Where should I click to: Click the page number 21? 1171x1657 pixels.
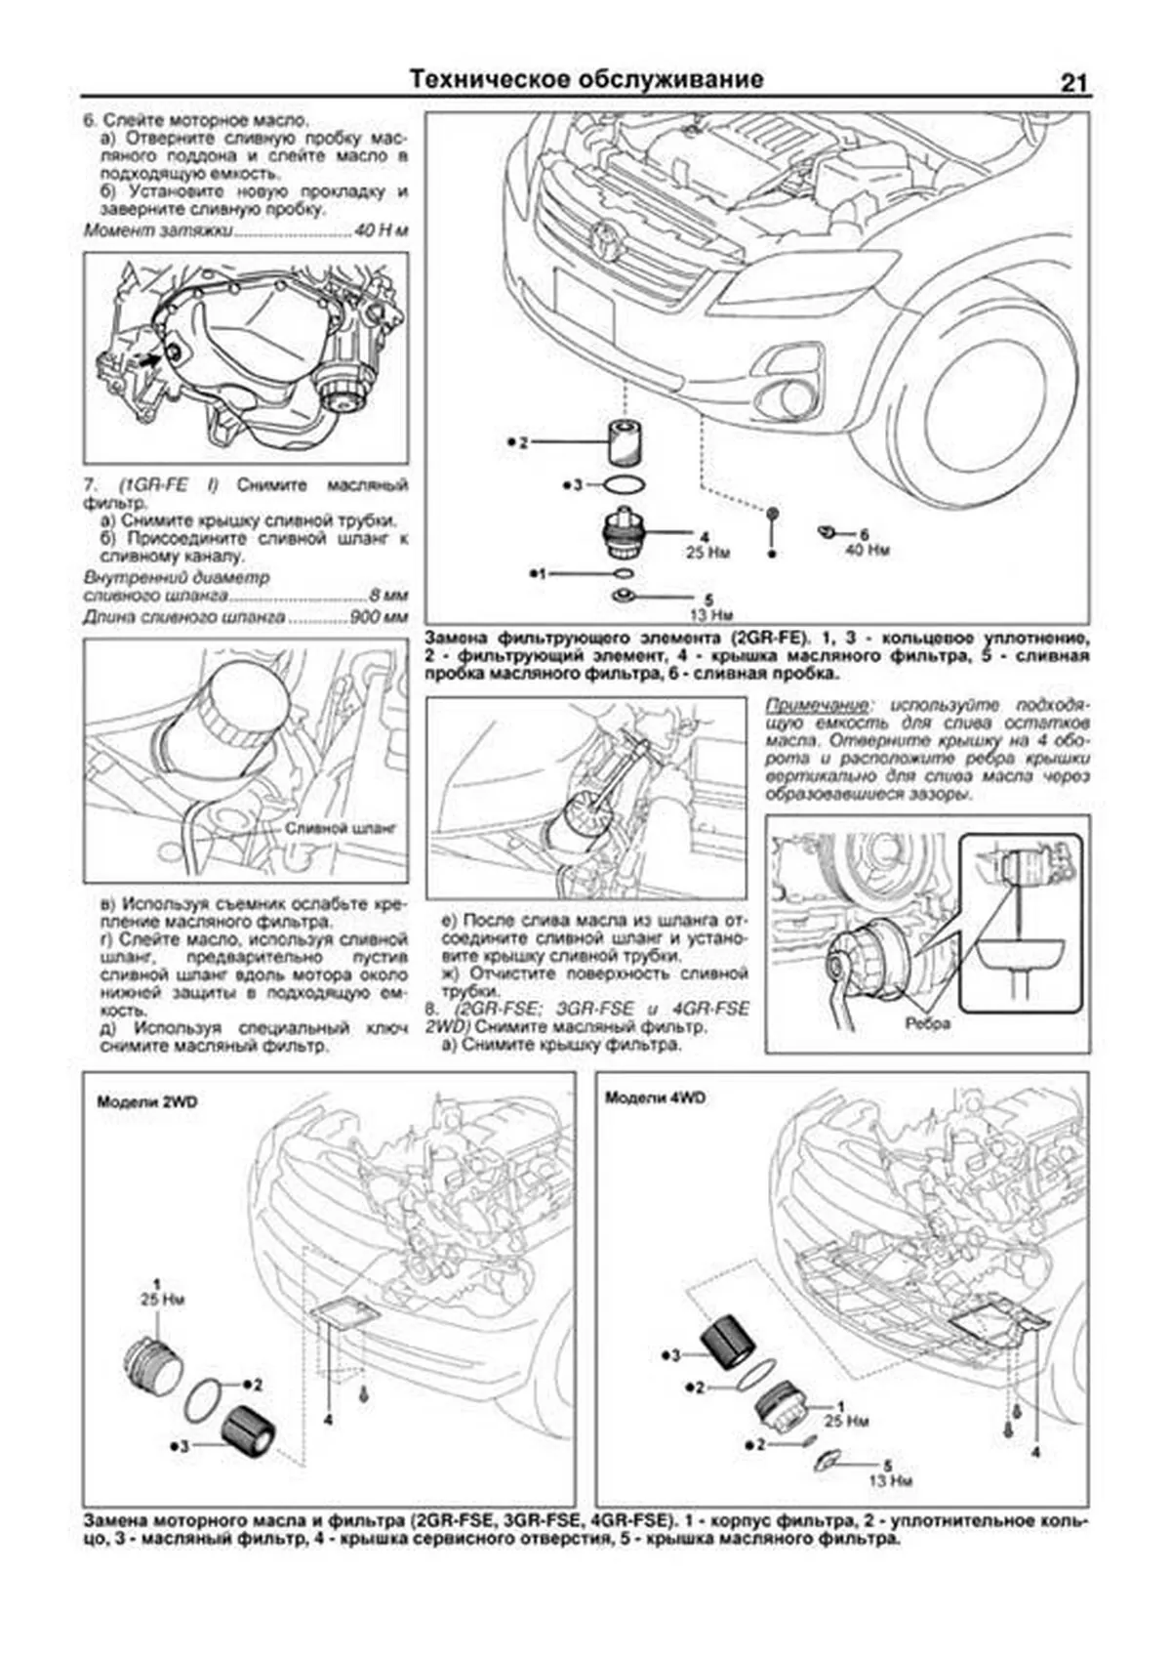coord(1072,83)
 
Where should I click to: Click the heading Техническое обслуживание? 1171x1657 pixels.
coord(585,79)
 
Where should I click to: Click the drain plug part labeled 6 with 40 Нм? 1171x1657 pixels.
coord(826,531)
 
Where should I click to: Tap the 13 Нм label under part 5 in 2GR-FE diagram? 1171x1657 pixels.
coord(709,615)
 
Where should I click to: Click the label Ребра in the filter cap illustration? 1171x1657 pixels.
coord(927,1024)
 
